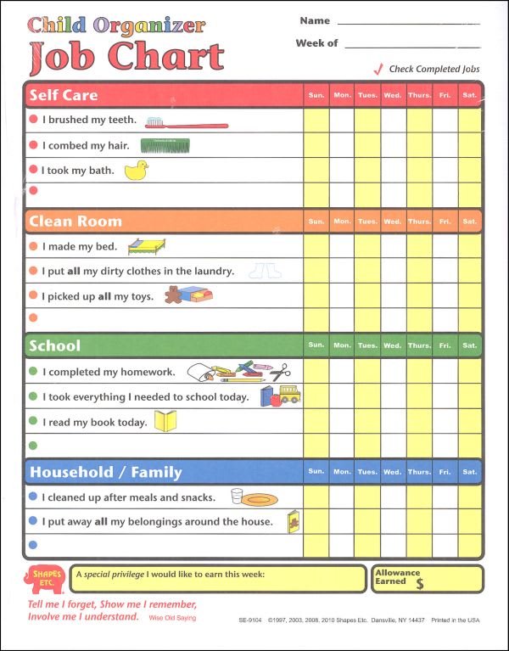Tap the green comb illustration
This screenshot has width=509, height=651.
[164, 146]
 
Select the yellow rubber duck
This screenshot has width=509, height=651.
[136, 171]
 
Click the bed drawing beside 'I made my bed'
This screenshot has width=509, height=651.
[146, 247]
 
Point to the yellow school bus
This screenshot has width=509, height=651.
[289, 395]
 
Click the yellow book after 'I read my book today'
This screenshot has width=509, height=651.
[165, 421]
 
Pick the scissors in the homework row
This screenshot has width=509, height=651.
[281, 371]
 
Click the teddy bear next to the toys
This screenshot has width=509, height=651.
[173, 295]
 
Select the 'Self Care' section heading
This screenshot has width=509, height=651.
[64, 95]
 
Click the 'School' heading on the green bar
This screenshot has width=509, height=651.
[55, 345]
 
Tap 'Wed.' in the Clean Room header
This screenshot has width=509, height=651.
[393, 222]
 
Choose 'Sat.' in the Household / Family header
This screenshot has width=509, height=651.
[469, 471]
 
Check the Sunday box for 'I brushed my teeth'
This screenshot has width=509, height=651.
[316, 121]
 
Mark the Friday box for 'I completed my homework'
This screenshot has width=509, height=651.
[445, 372]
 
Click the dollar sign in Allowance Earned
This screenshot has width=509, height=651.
[419, 584]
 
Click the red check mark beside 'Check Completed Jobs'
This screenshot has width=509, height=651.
[378, 69]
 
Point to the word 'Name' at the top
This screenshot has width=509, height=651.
[314, 20]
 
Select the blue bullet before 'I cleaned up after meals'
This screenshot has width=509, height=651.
[33, 497]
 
